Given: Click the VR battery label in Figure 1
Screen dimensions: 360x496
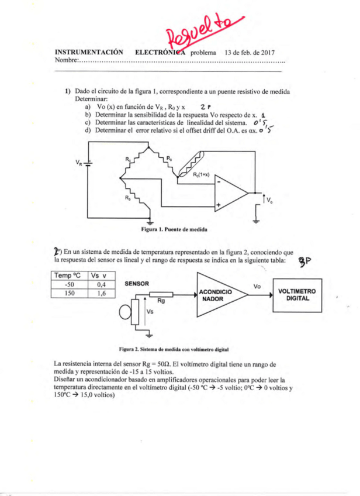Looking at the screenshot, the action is [78, 163].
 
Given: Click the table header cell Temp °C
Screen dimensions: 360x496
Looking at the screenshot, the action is [69, 275].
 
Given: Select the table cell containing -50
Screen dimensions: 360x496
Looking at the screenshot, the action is [69, 284].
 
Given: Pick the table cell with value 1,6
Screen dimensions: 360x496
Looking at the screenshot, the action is [101, 293].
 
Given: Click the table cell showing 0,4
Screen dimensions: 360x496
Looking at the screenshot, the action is [101, 284].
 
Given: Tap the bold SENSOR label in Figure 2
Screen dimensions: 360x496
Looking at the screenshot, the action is [137, 283].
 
